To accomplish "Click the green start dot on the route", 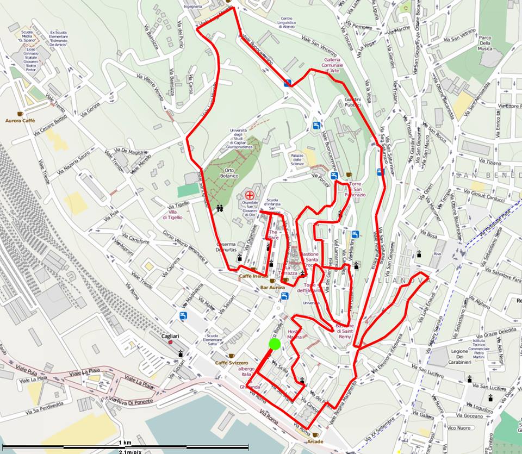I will tap(274, 344).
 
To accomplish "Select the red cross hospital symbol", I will tap(250, 195).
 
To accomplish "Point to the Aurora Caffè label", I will tap(20, 120).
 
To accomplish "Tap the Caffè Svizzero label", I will tap(231, 362).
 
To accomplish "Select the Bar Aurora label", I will tap(272, 287).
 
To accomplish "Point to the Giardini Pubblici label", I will tap(352, 102).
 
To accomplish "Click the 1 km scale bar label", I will tap(124, 443).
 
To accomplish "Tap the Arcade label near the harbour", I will tap(315, 441).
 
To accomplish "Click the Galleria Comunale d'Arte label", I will tap(332, 65).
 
